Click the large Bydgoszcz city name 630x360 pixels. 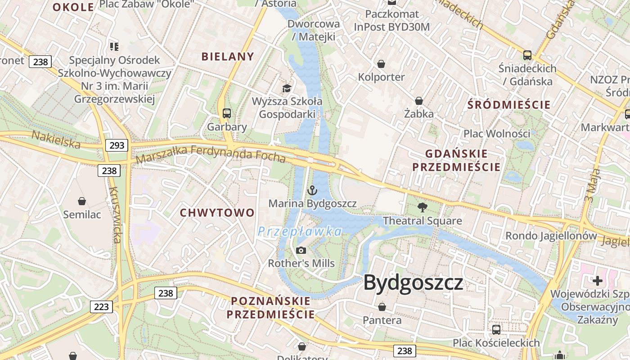[x=413, y=283]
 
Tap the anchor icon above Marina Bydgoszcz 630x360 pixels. [x=312, y=191]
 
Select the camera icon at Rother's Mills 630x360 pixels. [x=301, y=250]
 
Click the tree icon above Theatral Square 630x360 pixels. [x=422, y=207]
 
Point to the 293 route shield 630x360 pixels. [x=117, y=145]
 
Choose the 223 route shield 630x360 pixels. [x=101, y=307]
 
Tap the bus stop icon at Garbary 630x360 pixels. [x=227, y=113]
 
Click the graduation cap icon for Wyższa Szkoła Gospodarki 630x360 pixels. [x=287, y=88]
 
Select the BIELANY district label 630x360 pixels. [x=228, y=57]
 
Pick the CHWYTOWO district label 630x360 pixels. [x=217, y=213]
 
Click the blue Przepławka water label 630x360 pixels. [x=300, y=232]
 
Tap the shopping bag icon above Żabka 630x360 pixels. [x=419, y=100]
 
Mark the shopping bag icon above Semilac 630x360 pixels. [x=82, y=201]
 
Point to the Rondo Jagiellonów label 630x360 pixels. [x=551, y=236]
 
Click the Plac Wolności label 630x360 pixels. [x=497, y=134]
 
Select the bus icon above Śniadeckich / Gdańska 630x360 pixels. [x=527, y=55]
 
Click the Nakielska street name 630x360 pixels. [x=56, y=139]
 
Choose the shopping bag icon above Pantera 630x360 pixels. [x=382, y=307]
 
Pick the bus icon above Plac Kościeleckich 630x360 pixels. [x=496, y=330]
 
